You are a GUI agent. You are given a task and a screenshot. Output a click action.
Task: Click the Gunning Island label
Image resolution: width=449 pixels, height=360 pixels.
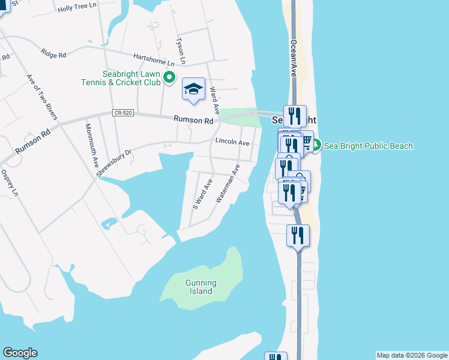[200, 287]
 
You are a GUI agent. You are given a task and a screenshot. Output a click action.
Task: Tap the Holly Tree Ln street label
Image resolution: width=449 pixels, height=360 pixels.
[77, 8]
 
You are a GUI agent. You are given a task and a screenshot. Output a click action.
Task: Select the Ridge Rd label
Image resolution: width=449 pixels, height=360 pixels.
[53, 53]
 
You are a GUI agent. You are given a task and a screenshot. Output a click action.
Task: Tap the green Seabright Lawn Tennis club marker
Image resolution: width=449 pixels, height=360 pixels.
[169, 77]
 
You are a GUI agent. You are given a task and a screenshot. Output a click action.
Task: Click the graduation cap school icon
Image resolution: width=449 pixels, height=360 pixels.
[193, 90]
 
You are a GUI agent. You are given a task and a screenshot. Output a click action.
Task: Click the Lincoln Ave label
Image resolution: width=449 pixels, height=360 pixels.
[232, 143]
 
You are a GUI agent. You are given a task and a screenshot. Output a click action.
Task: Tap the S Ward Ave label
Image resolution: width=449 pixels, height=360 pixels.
[202, 193]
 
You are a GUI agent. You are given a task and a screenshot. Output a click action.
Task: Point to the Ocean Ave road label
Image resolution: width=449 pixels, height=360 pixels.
[294, 58]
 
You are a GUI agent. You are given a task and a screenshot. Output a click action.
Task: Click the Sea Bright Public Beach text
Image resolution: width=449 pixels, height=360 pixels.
[369, 146]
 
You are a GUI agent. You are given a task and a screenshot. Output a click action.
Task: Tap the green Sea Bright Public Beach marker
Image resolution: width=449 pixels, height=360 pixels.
[316, 145]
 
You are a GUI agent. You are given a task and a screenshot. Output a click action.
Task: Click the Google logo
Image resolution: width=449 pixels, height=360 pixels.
[20, 353]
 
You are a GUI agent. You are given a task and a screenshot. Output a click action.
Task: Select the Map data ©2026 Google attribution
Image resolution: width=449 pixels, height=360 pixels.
[412, 355]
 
